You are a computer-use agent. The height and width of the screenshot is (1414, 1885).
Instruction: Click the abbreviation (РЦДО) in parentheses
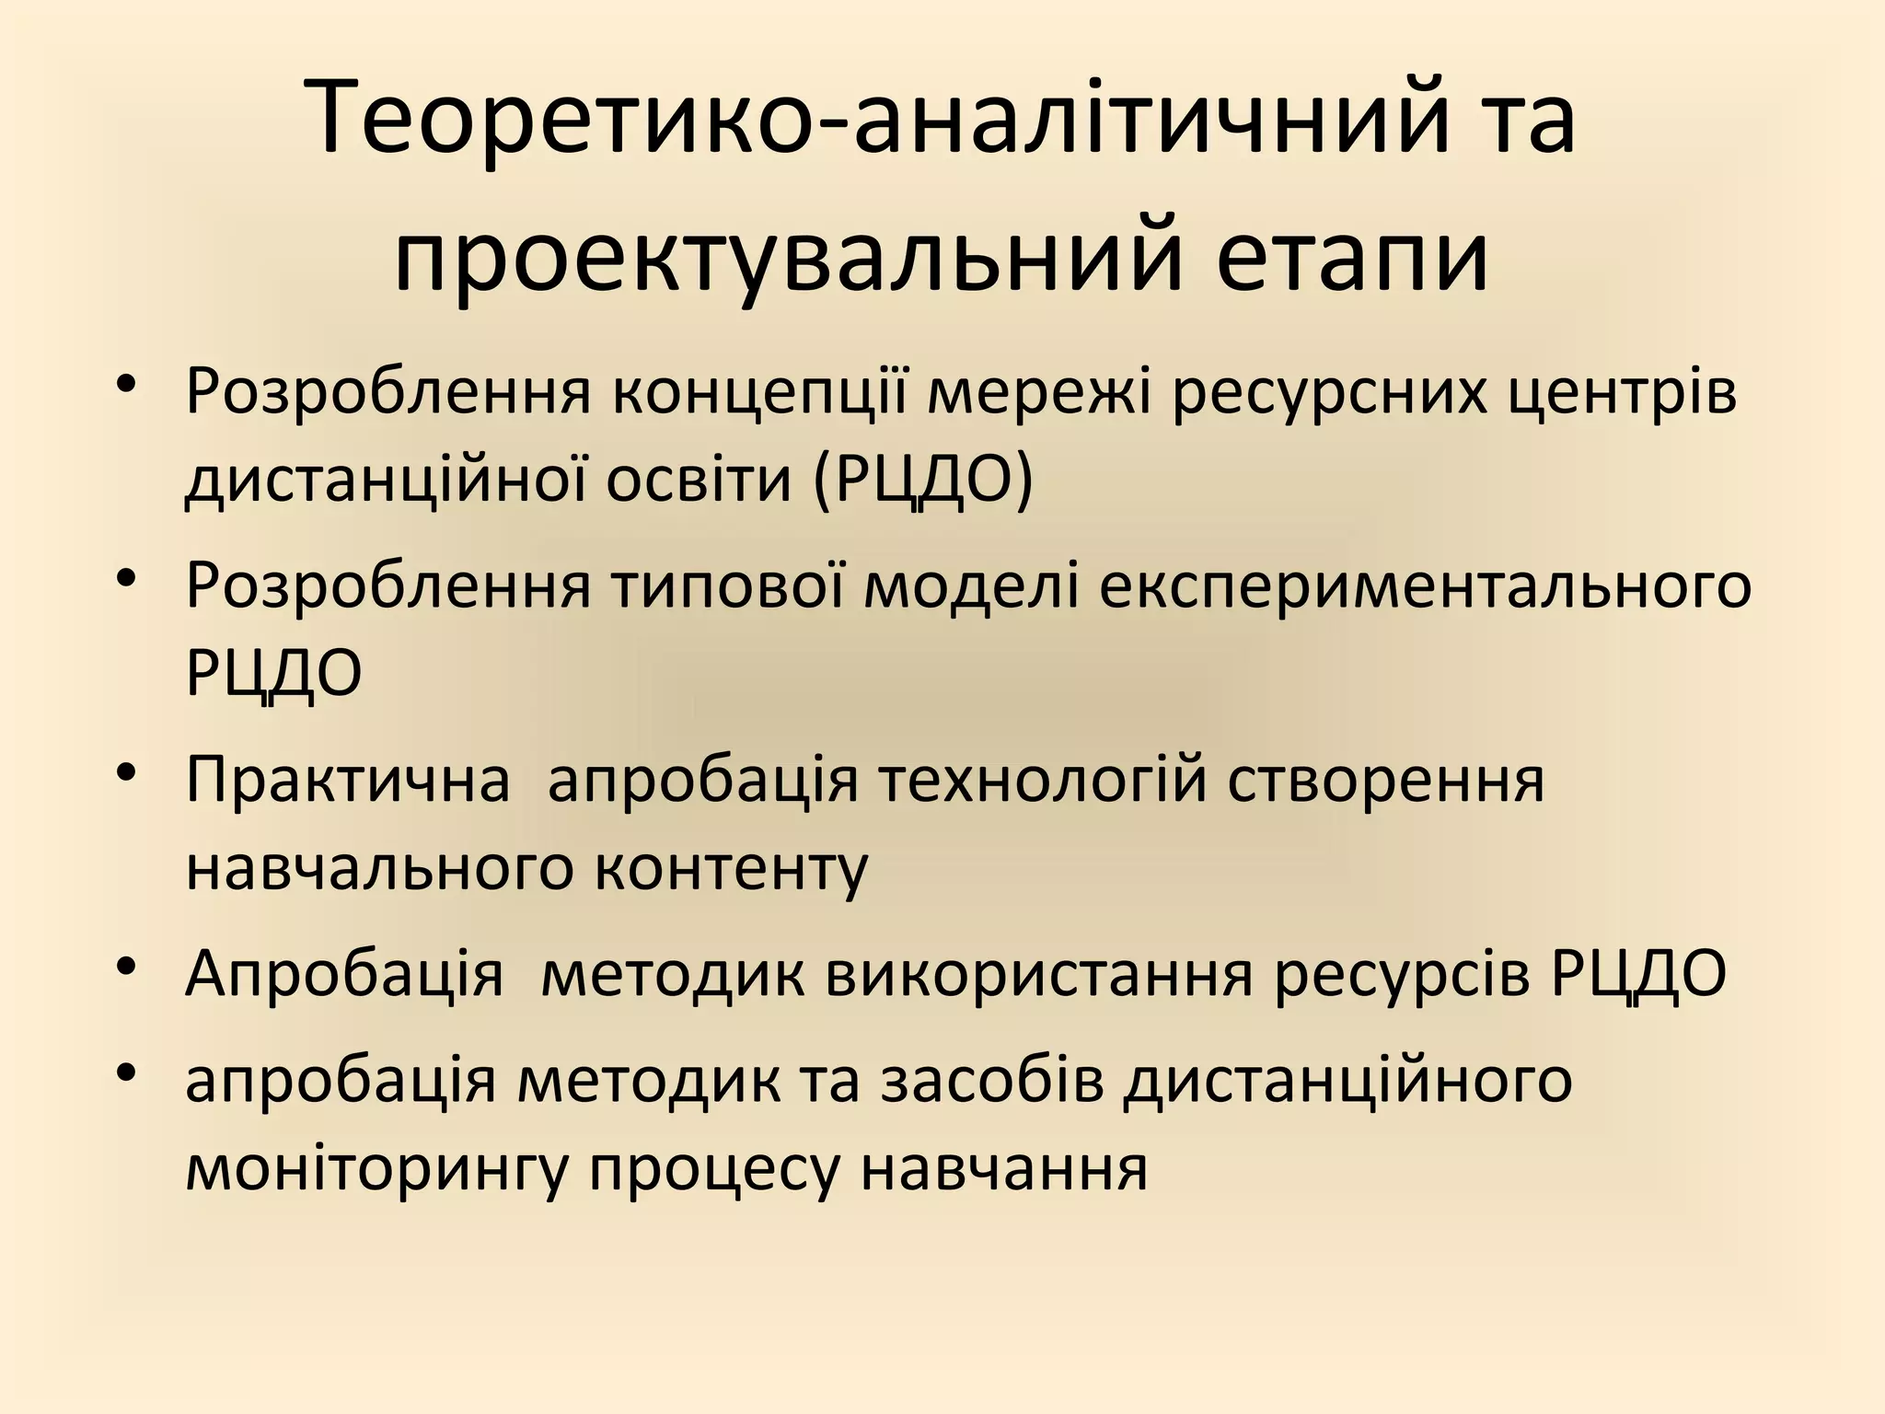click(923, 481)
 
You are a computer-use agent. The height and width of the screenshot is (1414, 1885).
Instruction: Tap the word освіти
click(699, 481)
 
